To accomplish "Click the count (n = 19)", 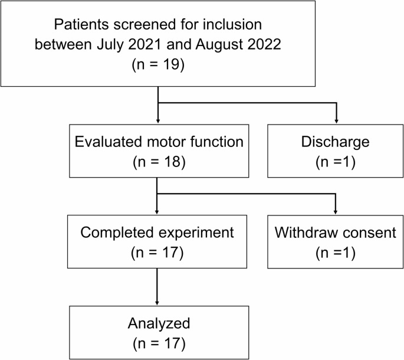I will (x=158, y=64).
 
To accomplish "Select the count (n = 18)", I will (x=158, y=162).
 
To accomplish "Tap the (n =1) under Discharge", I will (x=336, y=162).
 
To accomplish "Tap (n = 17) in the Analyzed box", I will (x=158, y=342).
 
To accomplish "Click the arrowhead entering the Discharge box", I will (x=336, y=120).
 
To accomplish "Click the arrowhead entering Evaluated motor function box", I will (x=158, y=120).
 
